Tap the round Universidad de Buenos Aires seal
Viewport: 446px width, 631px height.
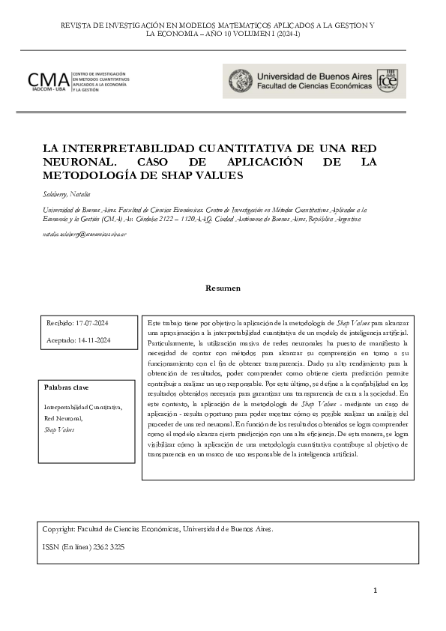pos(240,81)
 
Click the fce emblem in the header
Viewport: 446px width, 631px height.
pos(388,81)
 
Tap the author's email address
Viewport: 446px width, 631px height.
pos(84,235)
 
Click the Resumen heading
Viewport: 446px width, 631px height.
pos(223,288)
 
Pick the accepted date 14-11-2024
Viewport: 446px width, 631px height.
pos(93,340)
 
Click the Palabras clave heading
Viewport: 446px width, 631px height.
pos(67,387)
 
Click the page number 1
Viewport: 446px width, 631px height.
pos(375,592)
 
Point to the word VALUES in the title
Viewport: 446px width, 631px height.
pos(217,176)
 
